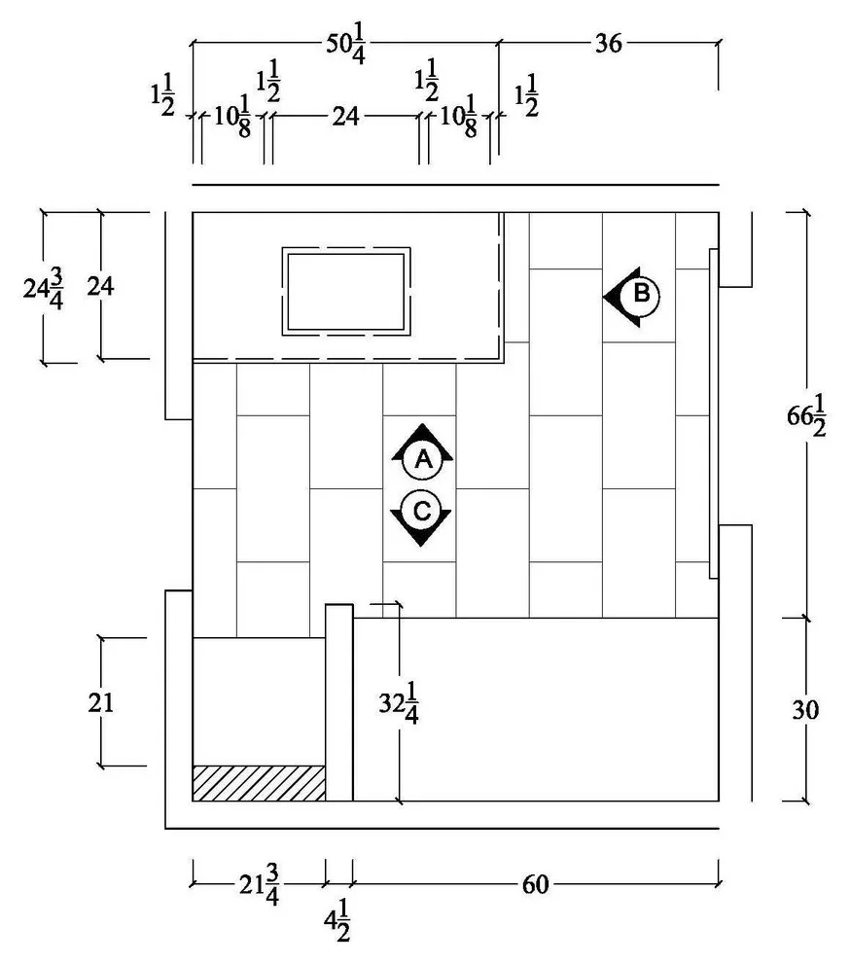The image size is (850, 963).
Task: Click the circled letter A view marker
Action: click(422, 459)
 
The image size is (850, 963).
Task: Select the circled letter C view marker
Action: click(421, 511)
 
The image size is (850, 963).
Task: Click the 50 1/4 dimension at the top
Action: click(346, 43)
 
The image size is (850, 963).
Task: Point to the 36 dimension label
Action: click(608, 44)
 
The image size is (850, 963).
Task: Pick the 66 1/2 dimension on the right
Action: click(806, 415)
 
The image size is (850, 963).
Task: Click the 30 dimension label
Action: click(804, 710)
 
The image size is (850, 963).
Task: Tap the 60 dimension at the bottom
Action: click(535, 884)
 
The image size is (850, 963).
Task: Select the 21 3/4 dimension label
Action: click(259, 884)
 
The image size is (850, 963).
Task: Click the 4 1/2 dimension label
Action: click(337, 920)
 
